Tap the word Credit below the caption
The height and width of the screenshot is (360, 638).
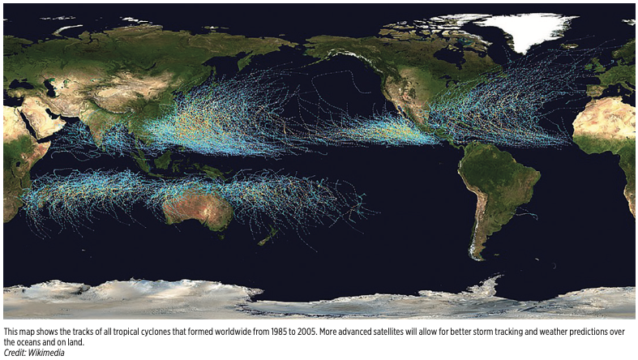14,352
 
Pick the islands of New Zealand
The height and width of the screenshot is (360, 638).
264,236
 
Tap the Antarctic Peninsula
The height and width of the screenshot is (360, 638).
486,285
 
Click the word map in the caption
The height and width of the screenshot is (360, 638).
25,332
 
